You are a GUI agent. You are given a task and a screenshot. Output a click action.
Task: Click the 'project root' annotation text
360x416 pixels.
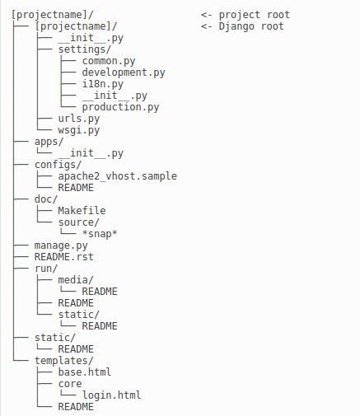pyautogui.click(x=254, y=15)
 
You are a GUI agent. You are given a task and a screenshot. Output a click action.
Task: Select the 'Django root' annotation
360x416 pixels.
pyautogui.click(x=251, y=26)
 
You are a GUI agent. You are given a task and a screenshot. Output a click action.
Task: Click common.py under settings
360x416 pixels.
pyautogui.click(x=109, y=61)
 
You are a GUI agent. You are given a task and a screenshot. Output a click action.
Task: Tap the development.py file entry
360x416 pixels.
pyautogui.click(x=124, y=72)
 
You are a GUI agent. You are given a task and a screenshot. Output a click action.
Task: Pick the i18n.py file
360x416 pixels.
pyautogui.click(x=103, y=84)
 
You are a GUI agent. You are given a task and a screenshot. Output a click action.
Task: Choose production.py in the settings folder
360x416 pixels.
pyautogui.click(x=120, y=107)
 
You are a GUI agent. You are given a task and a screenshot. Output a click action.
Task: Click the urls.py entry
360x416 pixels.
pyautogui.click(x=79, y=119)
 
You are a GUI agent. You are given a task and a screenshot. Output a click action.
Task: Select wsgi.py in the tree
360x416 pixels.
pyautogui.click(x=79, y=130)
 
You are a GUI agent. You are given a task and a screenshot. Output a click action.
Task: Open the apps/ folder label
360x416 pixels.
pyautogui.click(x=49, y=142)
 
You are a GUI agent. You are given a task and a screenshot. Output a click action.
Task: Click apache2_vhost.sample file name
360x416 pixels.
pyautogui.click(x=118, y=176)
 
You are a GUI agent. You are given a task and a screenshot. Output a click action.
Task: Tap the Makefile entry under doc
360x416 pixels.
pyautogui.click(x=82, y=211)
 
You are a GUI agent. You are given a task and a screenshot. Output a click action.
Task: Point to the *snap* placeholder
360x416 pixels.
pyautogui.click(x=100, y=234)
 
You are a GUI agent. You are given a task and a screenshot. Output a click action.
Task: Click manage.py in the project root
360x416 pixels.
pyautogui.click(x=61, y=245)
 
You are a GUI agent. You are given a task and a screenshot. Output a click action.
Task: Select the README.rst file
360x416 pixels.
pyautogui.click(x=64, y=257)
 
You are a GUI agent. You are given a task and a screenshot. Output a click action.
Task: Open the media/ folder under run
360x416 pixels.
pyautogui.click(x=76, y=280)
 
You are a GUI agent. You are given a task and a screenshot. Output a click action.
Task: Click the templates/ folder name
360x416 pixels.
pyautogui.click(x=64, y=361)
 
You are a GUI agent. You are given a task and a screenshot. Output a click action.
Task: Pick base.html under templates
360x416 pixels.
pyautogui.click(x=85, y=372)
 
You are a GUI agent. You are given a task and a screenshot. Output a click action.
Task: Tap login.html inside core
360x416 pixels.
pyautogui.click(x=111, y=395)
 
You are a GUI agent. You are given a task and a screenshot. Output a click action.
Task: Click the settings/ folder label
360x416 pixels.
pyautogui.click(x=85, y=49)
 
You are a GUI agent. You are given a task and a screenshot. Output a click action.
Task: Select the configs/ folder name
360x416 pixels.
pyautogui.click(x=58, y=165)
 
